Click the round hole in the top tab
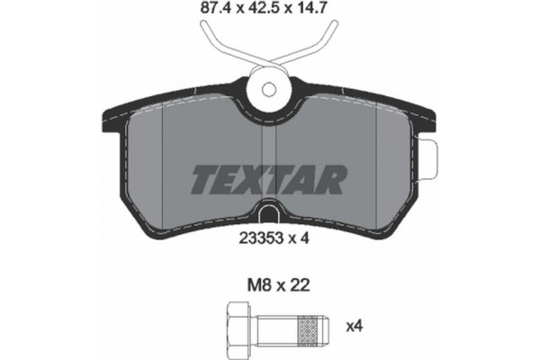pyautogui.click(x=270, y=90)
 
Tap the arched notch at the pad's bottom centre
pyautogui.click(x=270, y=215)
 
